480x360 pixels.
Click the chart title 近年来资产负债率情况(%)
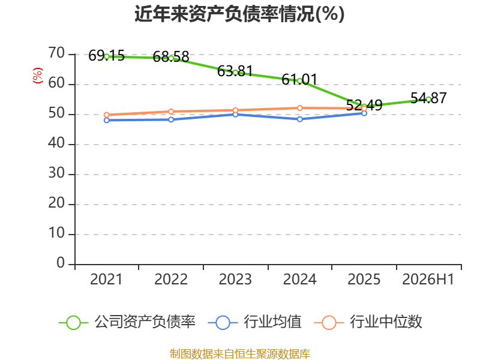tap(239, 14)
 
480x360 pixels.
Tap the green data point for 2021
tap(107, 56)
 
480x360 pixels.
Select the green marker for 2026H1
tap(428, 100)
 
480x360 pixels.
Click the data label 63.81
tap(235, 71)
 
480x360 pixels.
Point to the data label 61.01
tap(299, 80)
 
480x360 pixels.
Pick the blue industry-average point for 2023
tap(235, 115)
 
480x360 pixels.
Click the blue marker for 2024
tap(299, 119)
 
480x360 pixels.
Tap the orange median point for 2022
tap(171, 112)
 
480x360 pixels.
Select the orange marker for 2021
tap(107, 115)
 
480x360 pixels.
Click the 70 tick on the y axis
tap(56, 53)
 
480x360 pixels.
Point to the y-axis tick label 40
tap(56, 143)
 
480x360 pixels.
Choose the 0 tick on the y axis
tap(61, 263)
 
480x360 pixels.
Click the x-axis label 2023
tap(235, 280)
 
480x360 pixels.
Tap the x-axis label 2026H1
tap(428, 280)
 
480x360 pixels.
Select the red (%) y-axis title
tap(38, 76)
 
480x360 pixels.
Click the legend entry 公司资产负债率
tap(127, 322)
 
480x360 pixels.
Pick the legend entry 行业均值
tap(254, 322)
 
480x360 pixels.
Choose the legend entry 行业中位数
tap(368, 322)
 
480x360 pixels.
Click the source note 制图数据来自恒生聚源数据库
tap(240, 354)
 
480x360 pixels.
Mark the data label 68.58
tap(171, 57)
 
